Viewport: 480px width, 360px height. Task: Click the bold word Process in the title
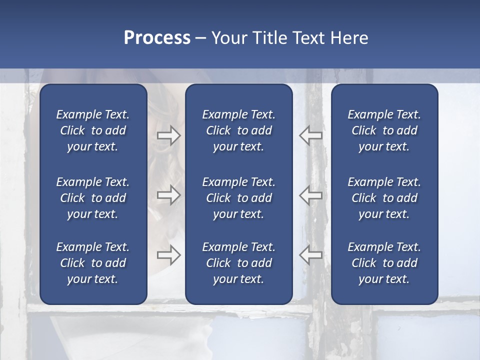pos(157,38)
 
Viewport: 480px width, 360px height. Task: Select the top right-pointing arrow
pos(168,135)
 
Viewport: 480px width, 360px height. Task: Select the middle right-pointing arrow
pos(168,194)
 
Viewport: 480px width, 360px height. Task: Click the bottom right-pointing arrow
pos(168,255)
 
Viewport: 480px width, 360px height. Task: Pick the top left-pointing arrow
pos(310,135)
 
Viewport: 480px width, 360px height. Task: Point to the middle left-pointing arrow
pos(310,195)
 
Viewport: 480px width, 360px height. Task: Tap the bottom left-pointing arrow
pos(310,255)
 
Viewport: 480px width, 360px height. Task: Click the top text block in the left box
pos(93,130)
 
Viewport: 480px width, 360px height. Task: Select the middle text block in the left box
pos(93,198)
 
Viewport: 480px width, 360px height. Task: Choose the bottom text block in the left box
pos(93,263)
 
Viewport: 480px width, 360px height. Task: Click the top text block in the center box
pos(238,130)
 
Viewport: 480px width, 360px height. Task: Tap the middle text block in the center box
pos(238,198)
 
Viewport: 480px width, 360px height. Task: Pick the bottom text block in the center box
pos(238,263)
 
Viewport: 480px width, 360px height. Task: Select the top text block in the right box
pos(384,130)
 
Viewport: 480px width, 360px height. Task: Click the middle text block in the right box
pos(384,198)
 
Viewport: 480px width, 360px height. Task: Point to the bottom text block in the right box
pos(384,263)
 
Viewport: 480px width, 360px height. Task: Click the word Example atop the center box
pos(222,115)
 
